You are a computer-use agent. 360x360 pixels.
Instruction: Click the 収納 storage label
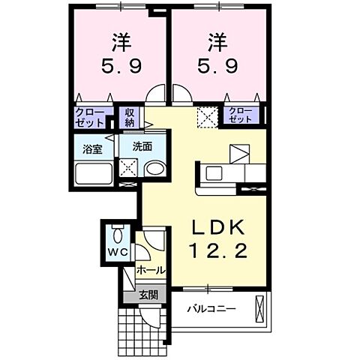pyautogui.click(x=130, y=117)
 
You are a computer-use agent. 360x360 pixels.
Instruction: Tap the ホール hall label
pyautogui.click(x=150, y=270)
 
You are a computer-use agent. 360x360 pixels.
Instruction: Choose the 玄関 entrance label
pyautogui.click(x=148, y=294)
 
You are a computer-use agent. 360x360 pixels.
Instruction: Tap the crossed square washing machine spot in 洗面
pyautogui.click(x=129, y=169)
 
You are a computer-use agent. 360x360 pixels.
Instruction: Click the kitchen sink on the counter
pyautogui.click(x=214, y=172)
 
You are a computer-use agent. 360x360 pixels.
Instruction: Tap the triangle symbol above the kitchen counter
pyautogui.click(x=241, y=153)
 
